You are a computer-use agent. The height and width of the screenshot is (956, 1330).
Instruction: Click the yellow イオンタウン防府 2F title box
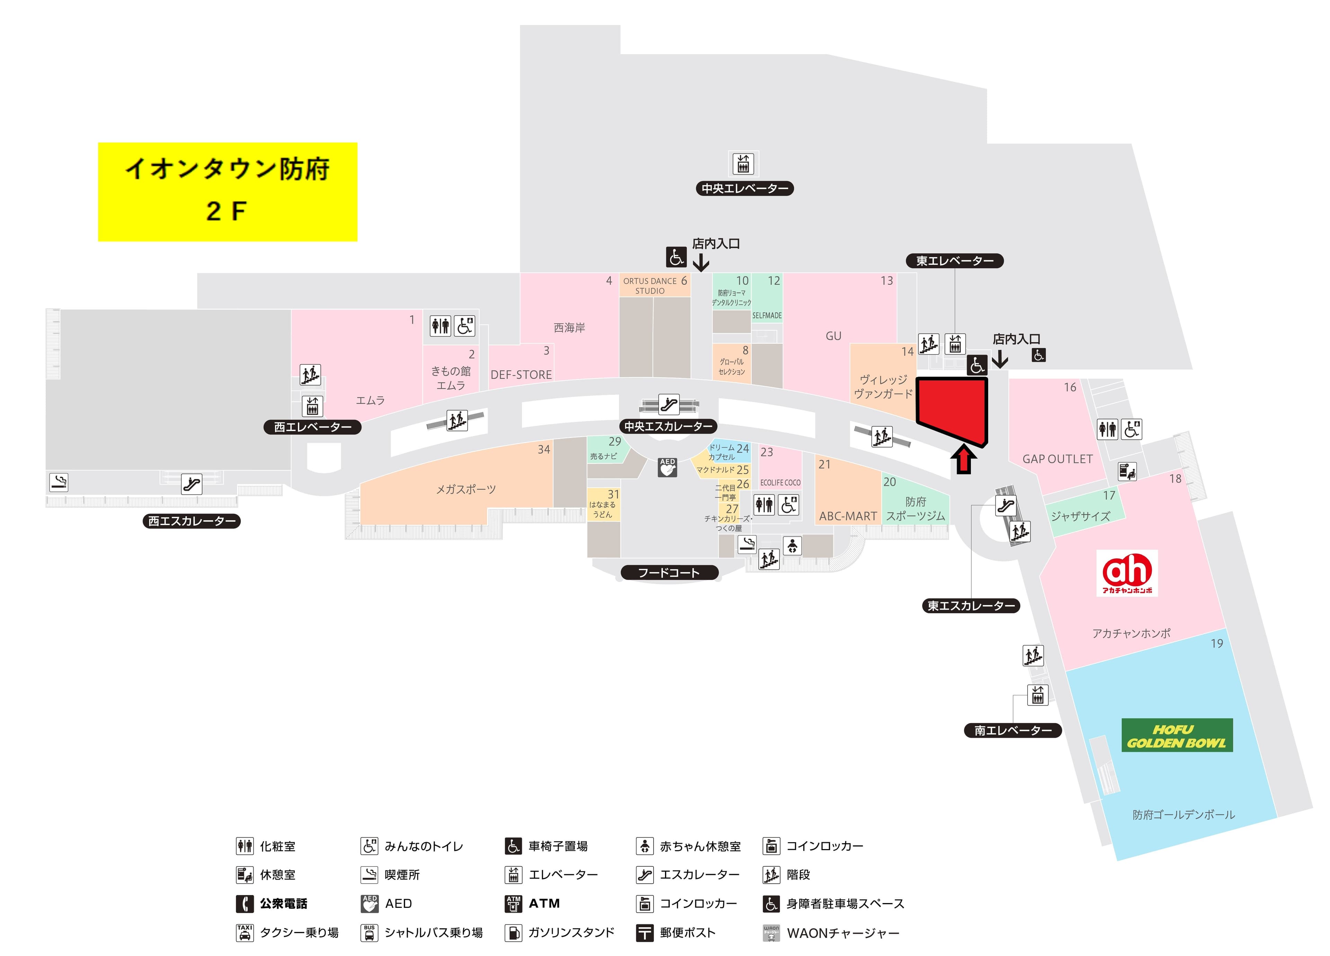click(228, 192)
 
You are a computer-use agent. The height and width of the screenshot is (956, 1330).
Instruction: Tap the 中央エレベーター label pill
click(744, 189)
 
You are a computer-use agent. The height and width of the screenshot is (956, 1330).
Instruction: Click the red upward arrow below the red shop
click(964, 460)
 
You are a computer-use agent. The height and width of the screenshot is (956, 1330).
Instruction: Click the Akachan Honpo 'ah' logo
click(1126, 572)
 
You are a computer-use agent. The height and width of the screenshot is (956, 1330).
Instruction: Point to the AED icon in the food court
click(667, 467)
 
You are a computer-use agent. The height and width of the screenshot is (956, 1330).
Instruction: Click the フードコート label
click(669, 572)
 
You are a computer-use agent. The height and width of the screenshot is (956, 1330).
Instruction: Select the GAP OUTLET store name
click(1057, 459)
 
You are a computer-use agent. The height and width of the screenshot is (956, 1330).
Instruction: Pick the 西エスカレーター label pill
click(192, 521)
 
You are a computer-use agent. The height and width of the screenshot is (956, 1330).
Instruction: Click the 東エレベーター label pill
click(955, 261)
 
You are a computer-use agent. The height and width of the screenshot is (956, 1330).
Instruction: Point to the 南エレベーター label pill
click(1013, 730)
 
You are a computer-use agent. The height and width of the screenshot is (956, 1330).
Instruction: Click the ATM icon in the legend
click(513, 903)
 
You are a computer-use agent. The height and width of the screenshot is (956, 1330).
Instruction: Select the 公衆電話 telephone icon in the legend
click(245, 903)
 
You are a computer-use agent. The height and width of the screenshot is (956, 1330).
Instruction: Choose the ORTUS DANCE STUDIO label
click(650, 286)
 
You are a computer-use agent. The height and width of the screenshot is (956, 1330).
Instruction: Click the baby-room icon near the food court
click(792, 546)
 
